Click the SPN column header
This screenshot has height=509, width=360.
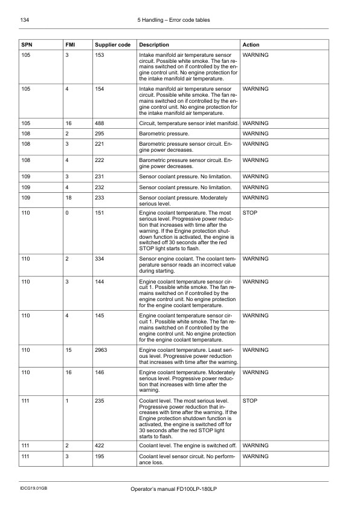tap(27, 45)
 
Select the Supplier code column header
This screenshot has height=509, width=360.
tap(112, 45)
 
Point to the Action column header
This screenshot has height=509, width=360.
tap(251, 45)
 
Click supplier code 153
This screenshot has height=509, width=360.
tap(100, 55)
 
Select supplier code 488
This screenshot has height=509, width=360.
tap(100, 123)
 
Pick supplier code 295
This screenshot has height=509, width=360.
tap(100, 134)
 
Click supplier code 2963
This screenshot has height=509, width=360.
tap(102, 350)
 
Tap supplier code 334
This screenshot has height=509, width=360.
tap(100, 259)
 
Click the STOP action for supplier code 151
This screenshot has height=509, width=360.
tap(249, 213)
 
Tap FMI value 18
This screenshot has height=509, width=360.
tap(69, 198)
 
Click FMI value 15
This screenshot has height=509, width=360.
tap(69, 350)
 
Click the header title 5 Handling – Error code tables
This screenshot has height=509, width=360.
tap(174, 20)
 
